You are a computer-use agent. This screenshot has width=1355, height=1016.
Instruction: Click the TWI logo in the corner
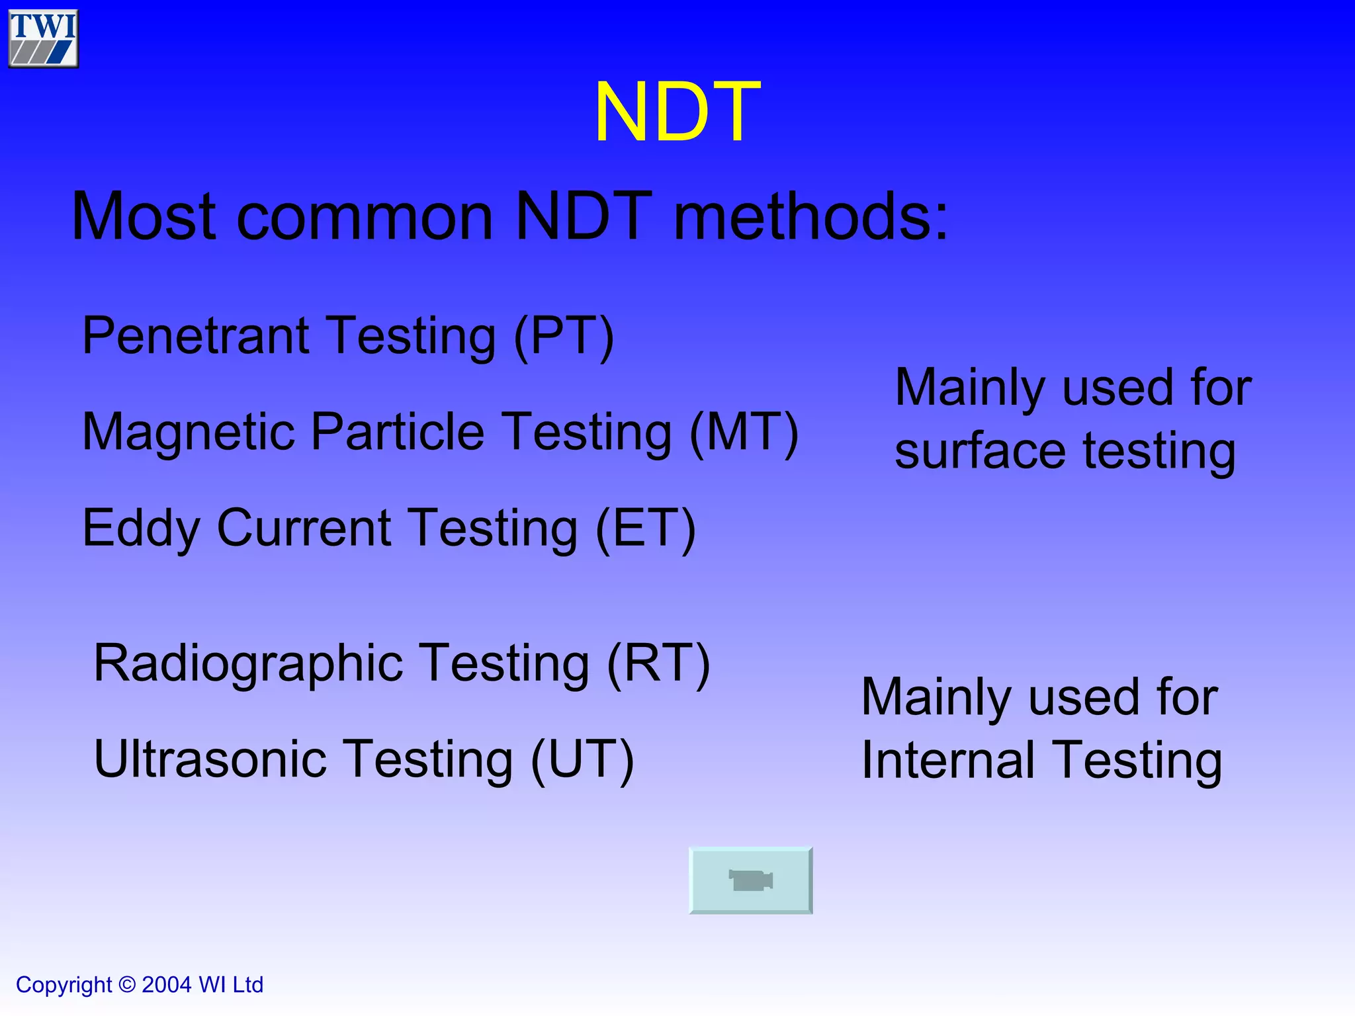[43, 38]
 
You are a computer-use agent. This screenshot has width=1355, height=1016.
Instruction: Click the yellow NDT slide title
[677, 112]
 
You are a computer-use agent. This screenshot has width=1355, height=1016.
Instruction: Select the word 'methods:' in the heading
[810, 216]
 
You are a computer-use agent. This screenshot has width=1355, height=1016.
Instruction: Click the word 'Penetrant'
[195, 336]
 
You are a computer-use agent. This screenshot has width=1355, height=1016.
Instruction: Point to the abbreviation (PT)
[564, 336]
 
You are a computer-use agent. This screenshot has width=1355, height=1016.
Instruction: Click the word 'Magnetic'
[189, 432]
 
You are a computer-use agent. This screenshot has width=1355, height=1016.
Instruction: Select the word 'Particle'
[398, 432]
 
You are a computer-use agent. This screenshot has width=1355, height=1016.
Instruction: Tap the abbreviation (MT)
[744, 432]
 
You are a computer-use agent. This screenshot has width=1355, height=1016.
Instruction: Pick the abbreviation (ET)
[645, 528]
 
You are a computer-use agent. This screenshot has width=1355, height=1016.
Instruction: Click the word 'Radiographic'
[248, 663]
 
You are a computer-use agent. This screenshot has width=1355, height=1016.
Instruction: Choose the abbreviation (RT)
[658, 663]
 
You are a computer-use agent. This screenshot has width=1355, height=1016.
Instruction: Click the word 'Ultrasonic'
[210, 759]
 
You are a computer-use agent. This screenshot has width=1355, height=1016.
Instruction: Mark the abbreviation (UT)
[582, 759]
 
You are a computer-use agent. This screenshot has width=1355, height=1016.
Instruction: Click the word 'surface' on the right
[980, 452]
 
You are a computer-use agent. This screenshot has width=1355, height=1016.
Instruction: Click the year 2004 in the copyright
[167, 985]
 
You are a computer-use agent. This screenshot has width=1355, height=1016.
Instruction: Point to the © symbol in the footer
[126, 985]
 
